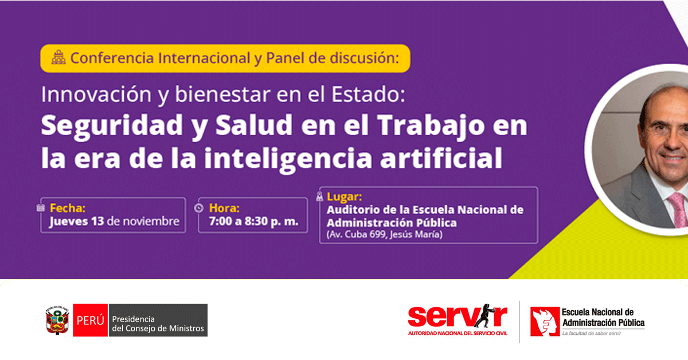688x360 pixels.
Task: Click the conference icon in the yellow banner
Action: point(58,57)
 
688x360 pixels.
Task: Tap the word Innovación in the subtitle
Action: point(96,94)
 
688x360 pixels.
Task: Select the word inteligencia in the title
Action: point(288,158)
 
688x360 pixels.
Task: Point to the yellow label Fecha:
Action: point(68,208)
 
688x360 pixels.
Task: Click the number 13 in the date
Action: point(97,221)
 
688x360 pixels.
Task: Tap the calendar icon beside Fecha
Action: point(41,208)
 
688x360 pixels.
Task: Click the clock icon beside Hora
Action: point(199,208)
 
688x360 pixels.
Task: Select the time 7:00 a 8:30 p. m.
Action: point(253,221)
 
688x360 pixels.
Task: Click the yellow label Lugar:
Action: point(345,196)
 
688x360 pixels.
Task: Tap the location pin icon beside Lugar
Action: point(320,196)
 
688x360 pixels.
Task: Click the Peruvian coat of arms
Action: point(57,320)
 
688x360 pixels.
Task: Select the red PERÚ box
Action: point(91,320)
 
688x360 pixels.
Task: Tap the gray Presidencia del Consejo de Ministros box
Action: point(158,320)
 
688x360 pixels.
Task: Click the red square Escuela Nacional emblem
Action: point(545,321)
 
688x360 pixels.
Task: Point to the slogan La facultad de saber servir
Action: point(592,333)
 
